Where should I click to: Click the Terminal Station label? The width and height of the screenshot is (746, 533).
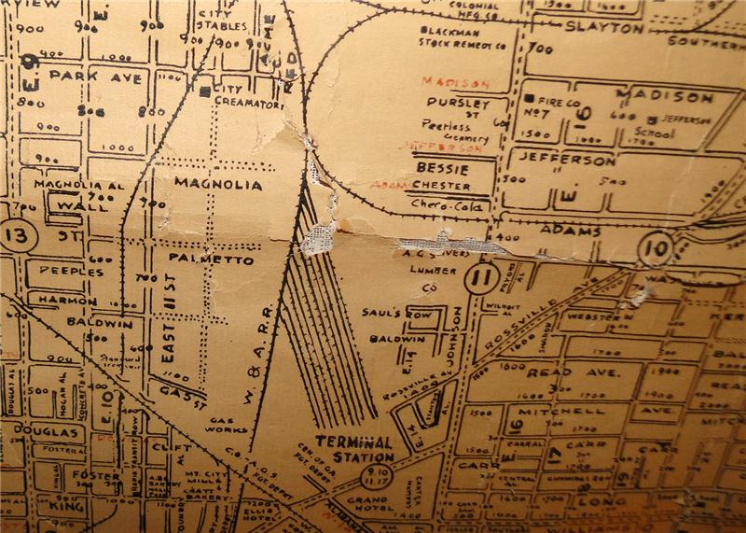pyautogui.click(x=354, y=448)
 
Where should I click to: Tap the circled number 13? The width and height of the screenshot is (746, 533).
pyautogui.click(x=16, y=234)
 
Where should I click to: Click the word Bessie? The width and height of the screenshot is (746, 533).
pyautogui.click(x=442, y=169)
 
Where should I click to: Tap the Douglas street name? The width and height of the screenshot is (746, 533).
pyautogui.click(x=45, y=432)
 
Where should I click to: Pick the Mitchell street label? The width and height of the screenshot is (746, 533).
pyautogui.click(x=552, y=410)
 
